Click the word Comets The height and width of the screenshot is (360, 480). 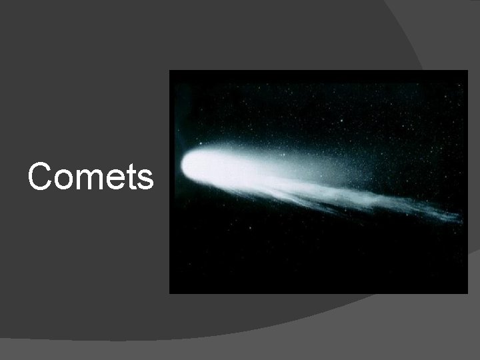pyautogui.click(x=91, y=177)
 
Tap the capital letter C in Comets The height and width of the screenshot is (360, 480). pyautogui.click(x=40, y=177)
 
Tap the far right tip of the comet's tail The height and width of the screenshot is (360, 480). pyautogui.click(x=460, y=217)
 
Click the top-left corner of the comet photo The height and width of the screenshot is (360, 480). pyautogui.click(x=170, y=71)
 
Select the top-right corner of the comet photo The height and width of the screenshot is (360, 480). pyautogui.click(x=467, y=71)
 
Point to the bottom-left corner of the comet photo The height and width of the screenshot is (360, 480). pyautogui.click(x=170, y=293)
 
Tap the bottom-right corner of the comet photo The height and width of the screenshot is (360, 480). pyautogui.click(x=467, y=293)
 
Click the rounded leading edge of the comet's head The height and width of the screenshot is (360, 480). pyautogui.click(x=183, y=164)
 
